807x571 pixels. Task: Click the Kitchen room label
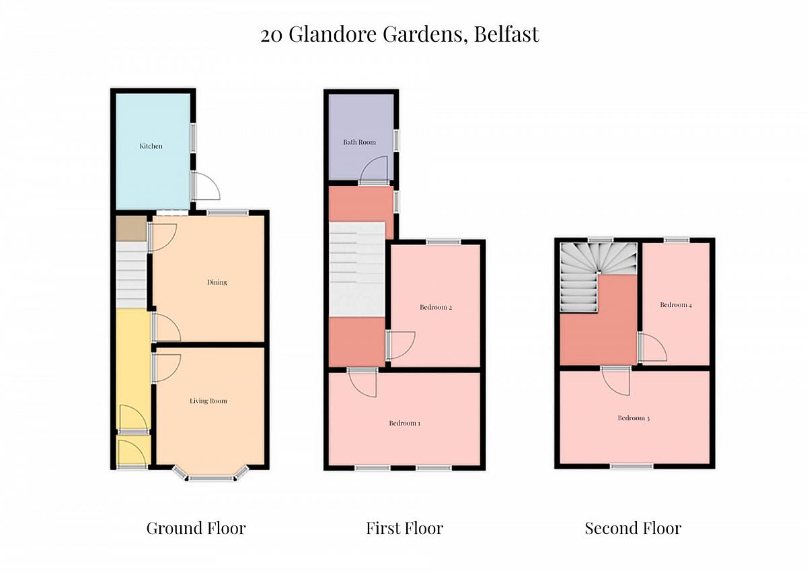point(151,146)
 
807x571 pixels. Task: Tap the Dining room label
point(217,282)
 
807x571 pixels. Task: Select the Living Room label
point(208,401)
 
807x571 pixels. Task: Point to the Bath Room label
point(359,142)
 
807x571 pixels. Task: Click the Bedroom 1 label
point(404,424)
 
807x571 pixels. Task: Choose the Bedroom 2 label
point(435,308)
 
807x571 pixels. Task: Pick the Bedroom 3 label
point(633,418)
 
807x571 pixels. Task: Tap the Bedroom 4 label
point(675,305)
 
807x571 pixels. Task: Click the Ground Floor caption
point(196,528)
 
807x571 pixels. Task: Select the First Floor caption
point(404,528)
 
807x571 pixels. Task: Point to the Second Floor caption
point(633,528)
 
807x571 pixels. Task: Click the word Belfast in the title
point(506,34)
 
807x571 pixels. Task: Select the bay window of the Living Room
point(208,475)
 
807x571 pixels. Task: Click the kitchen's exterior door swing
point(206,186)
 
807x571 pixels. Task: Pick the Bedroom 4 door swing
point(652,347)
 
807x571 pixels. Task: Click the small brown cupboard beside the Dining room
point(131,228)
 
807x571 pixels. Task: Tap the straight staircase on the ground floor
point(132,274)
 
